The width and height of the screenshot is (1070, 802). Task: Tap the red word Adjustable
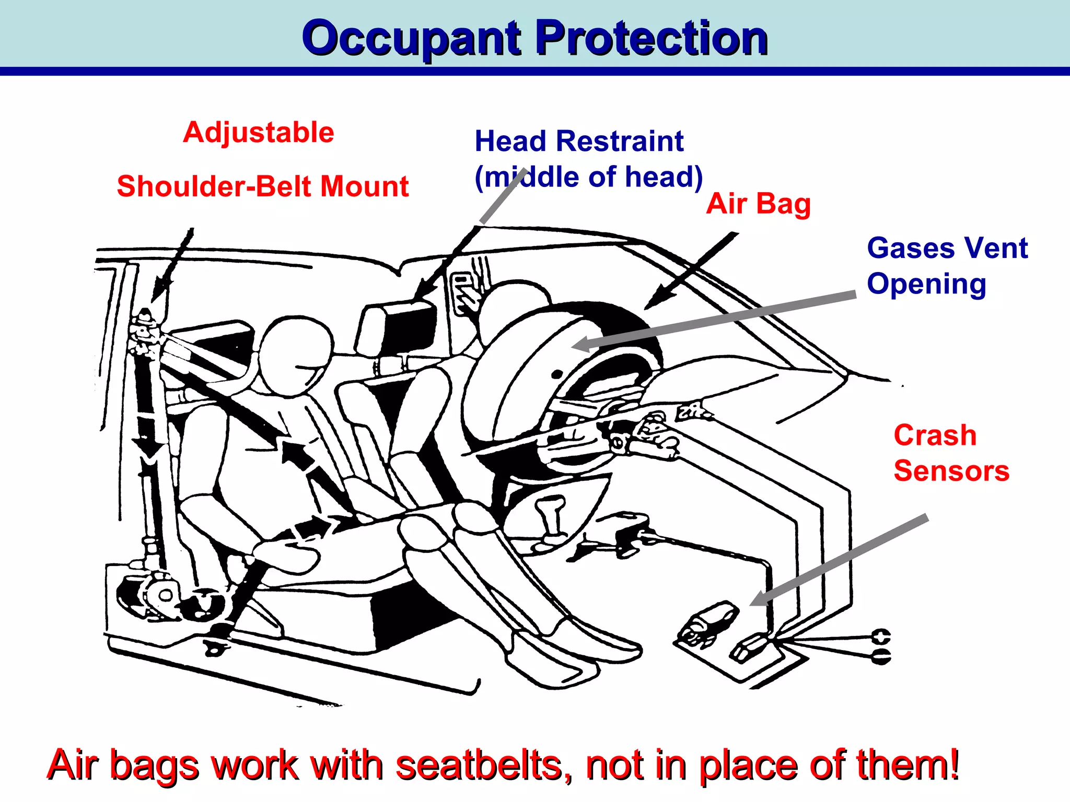(259, 132)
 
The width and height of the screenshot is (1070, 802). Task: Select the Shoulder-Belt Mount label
(262, 186)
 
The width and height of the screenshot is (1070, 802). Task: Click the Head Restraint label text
(579, 141)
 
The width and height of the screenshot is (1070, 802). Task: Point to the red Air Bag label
(758, 204)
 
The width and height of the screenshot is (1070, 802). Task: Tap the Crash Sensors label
(951, 453)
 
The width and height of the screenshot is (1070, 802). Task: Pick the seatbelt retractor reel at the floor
(162, 595)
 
